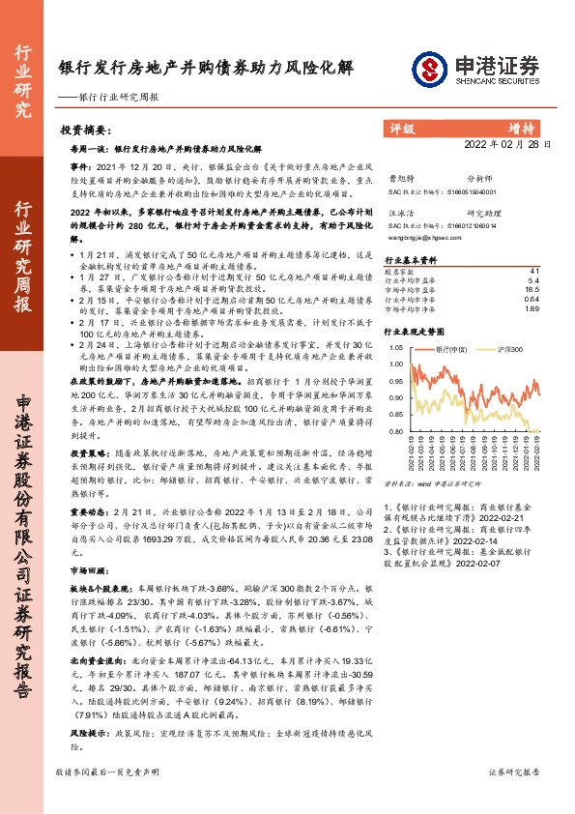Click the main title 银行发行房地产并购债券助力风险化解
pos(206,69)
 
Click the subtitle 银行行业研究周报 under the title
pos(117,98)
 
